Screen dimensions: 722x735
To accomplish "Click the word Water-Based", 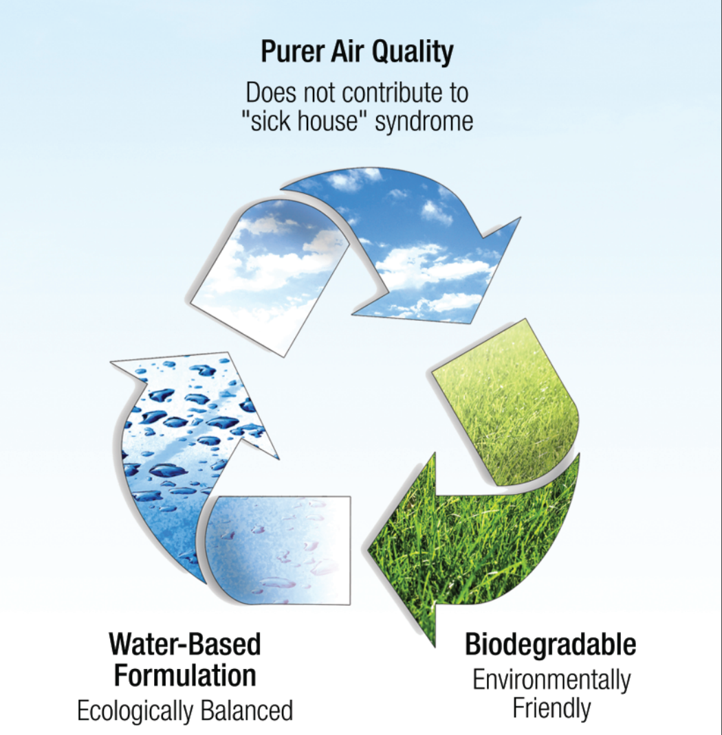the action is pyautogui.click(x=185, y=644).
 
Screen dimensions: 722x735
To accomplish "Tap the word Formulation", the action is pyautogui.click(x=185, y=675).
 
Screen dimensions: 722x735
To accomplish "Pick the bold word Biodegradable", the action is pyautogui.click(x=550, y=644).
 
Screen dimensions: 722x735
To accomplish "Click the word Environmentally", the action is pyautogui.click(x=551, y=680).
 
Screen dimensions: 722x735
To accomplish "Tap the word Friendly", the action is pyautogui.click(x=551, y=708).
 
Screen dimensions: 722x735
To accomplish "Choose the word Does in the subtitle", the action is pyautogui.click(x=271, y=92).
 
